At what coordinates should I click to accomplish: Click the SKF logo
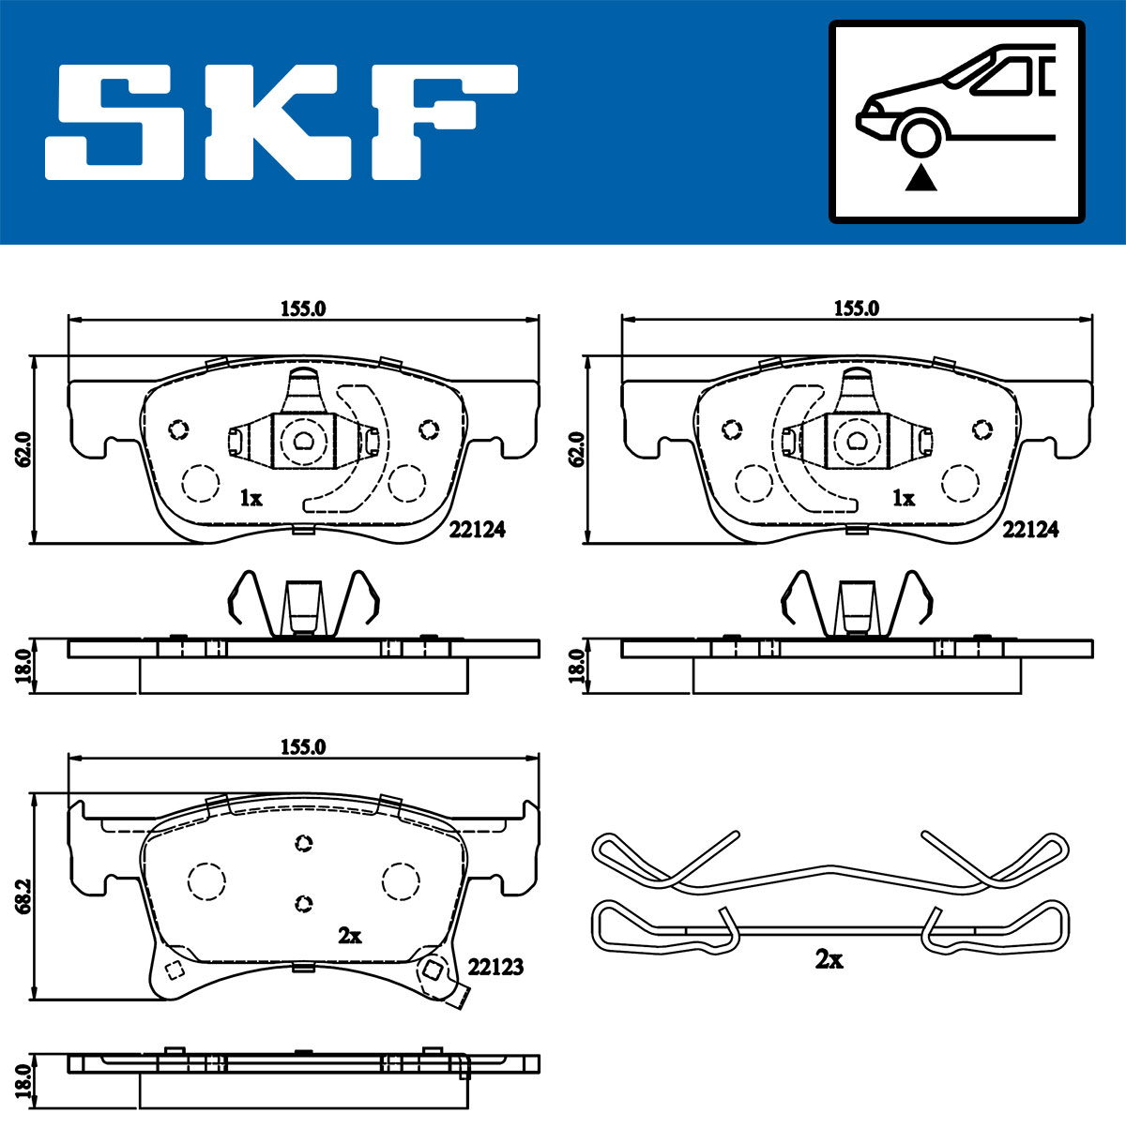pyautogui.click(x=281, y=122)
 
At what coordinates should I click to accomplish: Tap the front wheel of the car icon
pyautogui.click(x=921, y=137)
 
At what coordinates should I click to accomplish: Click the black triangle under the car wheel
pyautogui.click(x=921, y=177)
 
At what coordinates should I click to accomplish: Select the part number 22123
pyautogui.click(x=495, y=967)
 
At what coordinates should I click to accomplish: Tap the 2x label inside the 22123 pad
pyautogui.click(x=350, y=936)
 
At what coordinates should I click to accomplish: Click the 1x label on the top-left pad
pyautogui.click(x=251, y=498)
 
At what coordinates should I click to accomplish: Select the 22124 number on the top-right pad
pyautogui.click(x=1030, y=529)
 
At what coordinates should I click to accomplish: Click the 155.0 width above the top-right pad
pyautogui.click(x=857, y=308)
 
